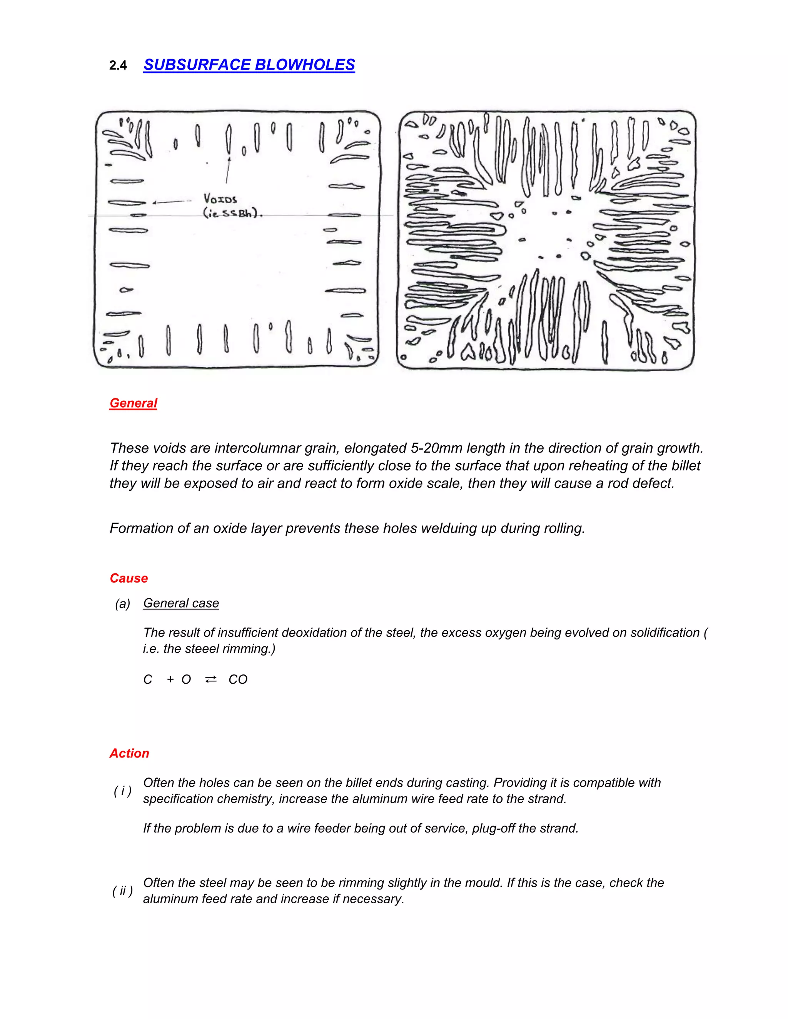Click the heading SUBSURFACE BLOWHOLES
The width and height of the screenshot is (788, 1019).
click(249, 65)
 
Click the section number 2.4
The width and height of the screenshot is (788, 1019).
click(118, 66)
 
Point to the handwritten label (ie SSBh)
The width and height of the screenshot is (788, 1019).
click(232, 214)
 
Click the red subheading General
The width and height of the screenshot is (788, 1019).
click(133, 403)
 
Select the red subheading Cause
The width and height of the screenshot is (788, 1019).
click(129, 578)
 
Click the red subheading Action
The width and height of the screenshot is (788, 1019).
click(129, 753)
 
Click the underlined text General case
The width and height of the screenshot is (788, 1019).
click(181, 603)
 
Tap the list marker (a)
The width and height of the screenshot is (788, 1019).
click(122, 604)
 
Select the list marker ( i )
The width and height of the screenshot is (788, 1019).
click(122, 791)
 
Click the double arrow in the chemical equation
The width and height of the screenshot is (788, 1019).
click(210, 679)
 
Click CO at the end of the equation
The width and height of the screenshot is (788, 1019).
click(238, 679)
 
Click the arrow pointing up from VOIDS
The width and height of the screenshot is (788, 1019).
click(228, 170)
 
